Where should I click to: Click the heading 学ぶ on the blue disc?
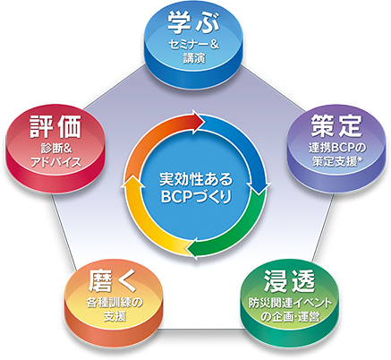pos(193,22)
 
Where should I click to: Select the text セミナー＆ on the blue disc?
pos(194,46)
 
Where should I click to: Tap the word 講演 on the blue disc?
pos(194,58)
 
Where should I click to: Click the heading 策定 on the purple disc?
pos(336,125)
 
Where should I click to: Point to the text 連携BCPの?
pos(337,149)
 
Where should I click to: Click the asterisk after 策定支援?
pos(360,160)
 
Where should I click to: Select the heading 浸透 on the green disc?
pos(289,281)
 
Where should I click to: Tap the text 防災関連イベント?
pos(290,304)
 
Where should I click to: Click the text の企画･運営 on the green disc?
pos(290,316)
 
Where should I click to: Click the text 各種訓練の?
pos(115,303)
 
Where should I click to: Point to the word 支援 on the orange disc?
pos(115,316)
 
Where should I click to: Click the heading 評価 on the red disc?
pos(55,126)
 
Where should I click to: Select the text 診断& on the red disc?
pos(56,149)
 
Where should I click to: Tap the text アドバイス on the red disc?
pos(56,162)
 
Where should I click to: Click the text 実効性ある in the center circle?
pos(196,180)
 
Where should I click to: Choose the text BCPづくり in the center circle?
pos(196,197)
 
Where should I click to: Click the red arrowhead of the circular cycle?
pos(197,121)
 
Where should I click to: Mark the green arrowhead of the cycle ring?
pos(194,248)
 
